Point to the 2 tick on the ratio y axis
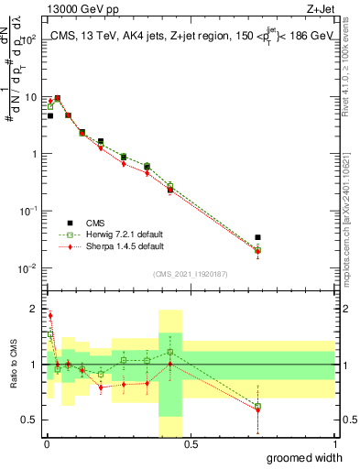click(34, 308)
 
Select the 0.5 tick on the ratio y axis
click(29, 421)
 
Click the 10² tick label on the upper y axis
click(27, 40)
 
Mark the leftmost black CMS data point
click(50, 116)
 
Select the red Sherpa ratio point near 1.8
click(49, 315)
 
